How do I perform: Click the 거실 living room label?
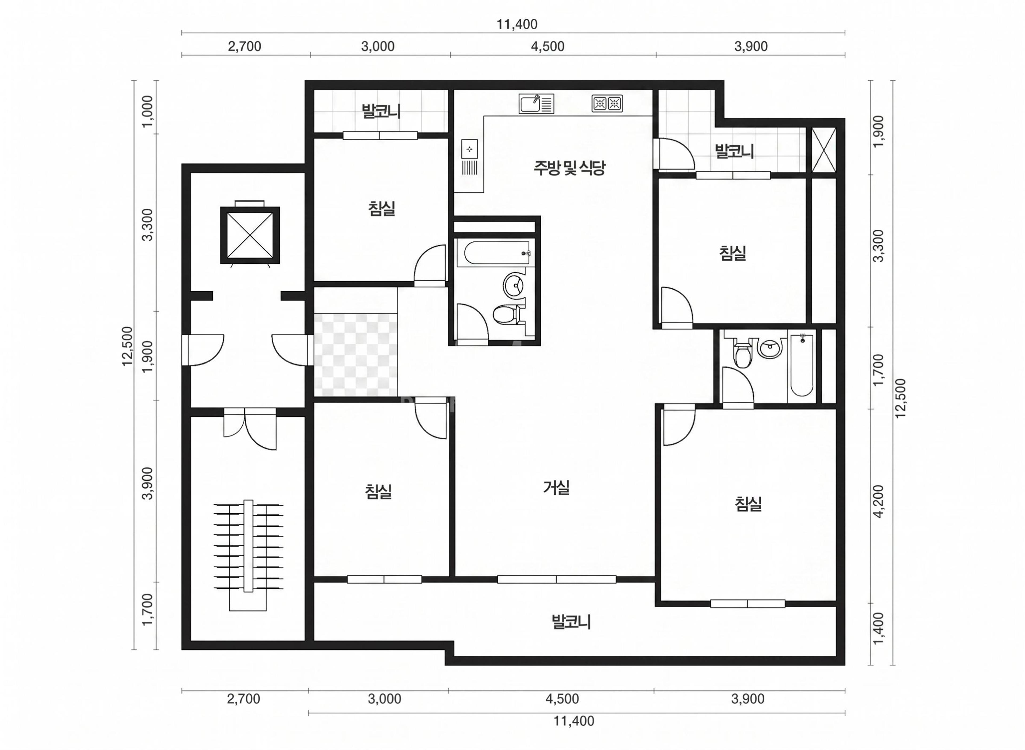[556, 487]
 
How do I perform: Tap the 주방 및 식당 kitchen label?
[570, 168]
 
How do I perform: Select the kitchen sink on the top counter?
[536, 104]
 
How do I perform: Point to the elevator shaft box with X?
[250, 235]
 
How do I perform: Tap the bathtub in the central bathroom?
[494, 253]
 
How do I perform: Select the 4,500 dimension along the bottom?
[562, 699]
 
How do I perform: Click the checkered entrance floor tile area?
[356, 355]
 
